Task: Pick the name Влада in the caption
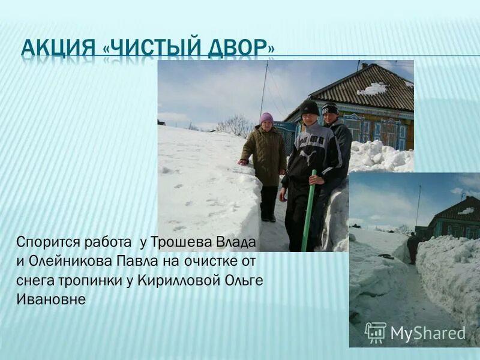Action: point(238,242)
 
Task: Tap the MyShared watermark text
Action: point(427,333)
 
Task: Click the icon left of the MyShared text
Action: point(376,332)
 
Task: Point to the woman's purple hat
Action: point(266,118)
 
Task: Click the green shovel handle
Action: point(310,210)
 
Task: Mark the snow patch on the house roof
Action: point(373,89)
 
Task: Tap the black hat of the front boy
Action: point(310,107)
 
